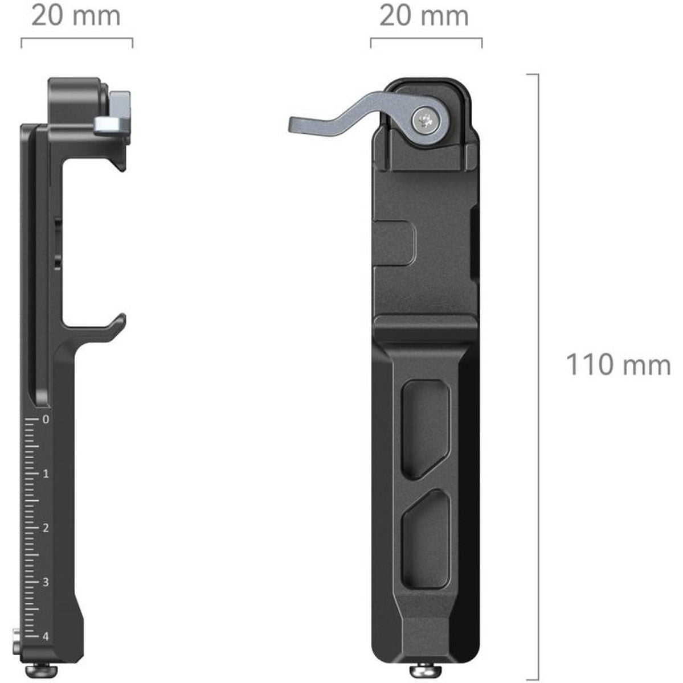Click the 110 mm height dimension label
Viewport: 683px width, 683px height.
click(617, 365)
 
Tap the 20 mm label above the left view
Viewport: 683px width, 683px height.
click(76, 15)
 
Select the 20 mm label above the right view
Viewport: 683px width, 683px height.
click(424, 15)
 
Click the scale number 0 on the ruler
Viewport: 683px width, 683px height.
click(46, 420)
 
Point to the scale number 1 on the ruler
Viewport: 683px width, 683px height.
click(46, 474)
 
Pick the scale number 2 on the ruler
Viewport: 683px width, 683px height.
click(46, 528)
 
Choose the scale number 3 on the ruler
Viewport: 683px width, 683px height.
click(46, 582)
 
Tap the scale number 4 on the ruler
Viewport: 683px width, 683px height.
click(46, 636)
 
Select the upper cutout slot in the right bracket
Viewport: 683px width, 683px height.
click(425, 430)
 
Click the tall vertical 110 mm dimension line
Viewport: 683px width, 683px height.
click(538, 376)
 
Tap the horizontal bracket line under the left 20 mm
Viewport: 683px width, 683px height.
click(77, 39)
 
